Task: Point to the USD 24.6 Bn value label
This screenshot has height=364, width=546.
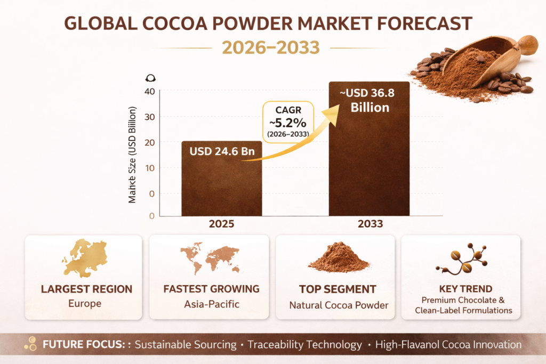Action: pos(222,151)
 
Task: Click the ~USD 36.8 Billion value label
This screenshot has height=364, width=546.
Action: pos(369,100)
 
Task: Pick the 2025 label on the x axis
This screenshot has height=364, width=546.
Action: pos(221,224)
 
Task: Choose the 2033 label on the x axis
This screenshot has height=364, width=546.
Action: pos(370,224)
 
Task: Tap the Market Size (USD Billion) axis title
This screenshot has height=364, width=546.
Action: pos(133,155)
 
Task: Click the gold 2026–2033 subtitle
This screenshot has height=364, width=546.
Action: pos(271,47)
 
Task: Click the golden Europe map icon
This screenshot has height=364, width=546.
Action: pos(84,258)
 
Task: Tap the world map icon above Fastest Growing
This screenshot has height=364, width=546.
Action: pos(210,258)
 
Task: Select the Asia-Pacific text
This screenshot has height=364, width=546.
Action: pos(210,305)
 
